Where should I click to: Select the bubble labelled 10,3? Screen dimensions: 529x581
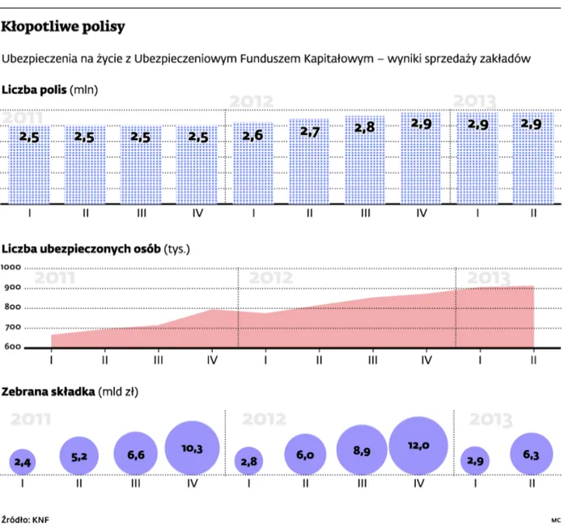tap(193, 448)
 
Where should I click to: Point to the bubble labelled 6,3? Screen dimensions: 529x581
tap(531, 455)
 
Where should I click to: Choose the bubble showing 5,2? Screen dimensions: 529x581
tap(79, 457)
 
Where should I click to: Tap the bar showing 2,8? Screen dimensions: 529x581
tap(366, 159)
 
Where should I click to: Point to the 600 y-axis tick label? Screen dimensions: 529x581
tap(14, 348)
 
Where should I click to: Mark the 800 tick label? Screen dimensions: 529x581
tap(14, 307)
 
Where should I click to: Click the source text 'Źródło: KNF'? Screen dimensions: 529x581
tap(27, 518)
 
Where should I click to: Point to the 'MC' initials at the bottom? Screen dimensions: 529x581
tap(556, 518)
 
